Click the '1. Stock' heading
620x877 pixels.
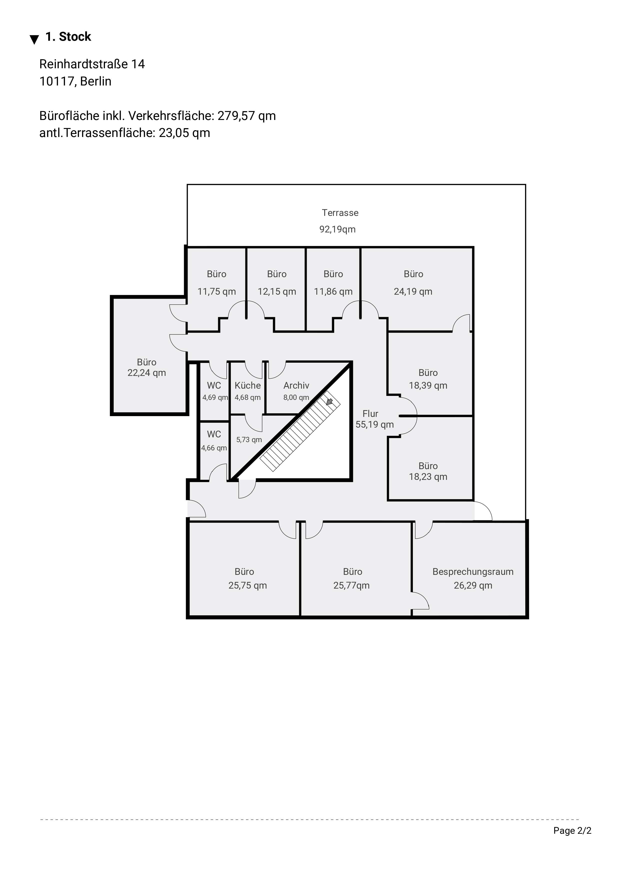pyautogui.click(x=68, y=37)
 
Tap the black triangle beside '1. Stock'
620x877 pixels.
pyautogui.click(x=34, y=39)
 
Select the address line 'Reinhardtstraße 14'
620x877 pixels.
pyautogui.click(x=92, y=64)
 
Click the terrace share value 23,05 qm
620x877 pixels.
pyautogui.click(x=184, y=133)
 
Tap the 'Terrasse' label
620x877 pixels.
pyautogui.click(x=340, y=213)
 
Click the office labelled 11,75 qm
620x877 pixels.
pyautogui.click(x=217, y=283)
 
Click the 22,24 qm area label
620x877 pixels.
pyautogui.click(x=147, y=373)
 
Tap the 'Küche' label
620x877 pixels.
pyautogui.click(x=248, y=385)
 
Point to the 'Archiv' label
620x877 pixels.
pyautogui.click(x=296, y=385)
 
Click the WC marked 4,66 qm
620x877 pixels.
pyautogui.click(x=214, y=447)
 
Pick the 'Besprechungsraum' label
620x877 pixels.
pyautogui.click(x=473, y=572)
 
